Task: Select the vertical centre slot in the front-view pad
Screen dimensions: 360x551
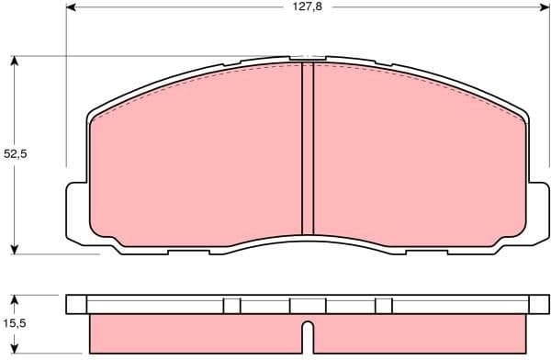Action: (x=308, y=147)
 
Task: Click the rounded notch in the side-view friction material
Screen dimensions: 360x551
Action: (x=309, y=331)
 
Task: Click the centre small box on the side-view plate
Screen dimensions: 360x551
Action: (x=308, y=306)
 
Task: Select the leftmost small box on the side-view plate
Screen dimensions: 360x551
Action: (x=231, y=306)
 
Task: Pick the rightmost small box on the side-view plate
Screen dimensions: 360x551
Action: (x=384, y=306)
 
